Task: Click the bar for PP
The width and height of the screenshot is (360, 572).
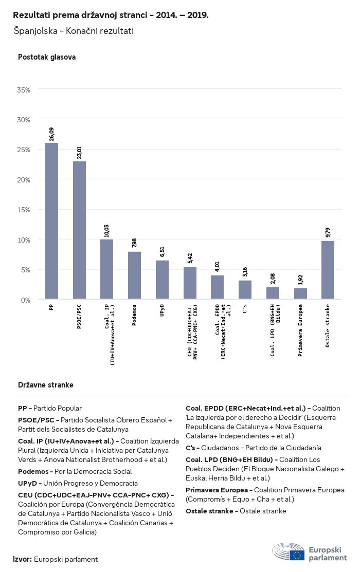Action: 51,221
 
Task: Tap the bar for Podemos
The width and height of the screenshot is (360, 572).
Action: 134,275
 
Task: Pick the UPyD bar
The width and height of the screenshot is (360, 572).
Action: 162,280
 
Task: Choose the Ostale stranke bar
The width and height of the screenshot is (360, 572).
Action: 328,270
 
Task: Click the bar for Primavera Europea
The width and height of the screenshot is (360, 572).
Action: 300,293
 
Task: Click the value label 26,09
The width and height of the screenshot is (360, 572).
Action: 51,134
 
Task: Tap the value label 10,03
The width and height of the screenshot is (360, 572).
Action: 107,230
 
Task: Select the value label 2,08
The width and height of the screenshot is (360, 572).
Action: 273,279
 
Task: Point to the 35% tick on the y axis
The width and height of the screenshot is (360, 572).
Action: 24,89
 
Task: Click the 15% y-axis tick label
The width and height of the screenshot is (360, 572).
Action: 24,210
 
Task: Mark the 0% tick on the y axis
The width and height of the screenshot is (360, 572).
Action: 25,300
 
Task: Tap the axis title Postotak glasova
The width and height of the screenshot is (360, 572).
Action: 47,57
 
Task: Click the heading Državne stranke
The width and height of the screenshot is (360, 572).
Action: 46,384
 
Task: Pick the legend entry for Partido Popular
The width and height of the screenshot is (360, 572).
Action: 50,408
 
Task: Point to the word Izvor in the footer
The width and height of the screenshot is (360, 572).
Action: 23,559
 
